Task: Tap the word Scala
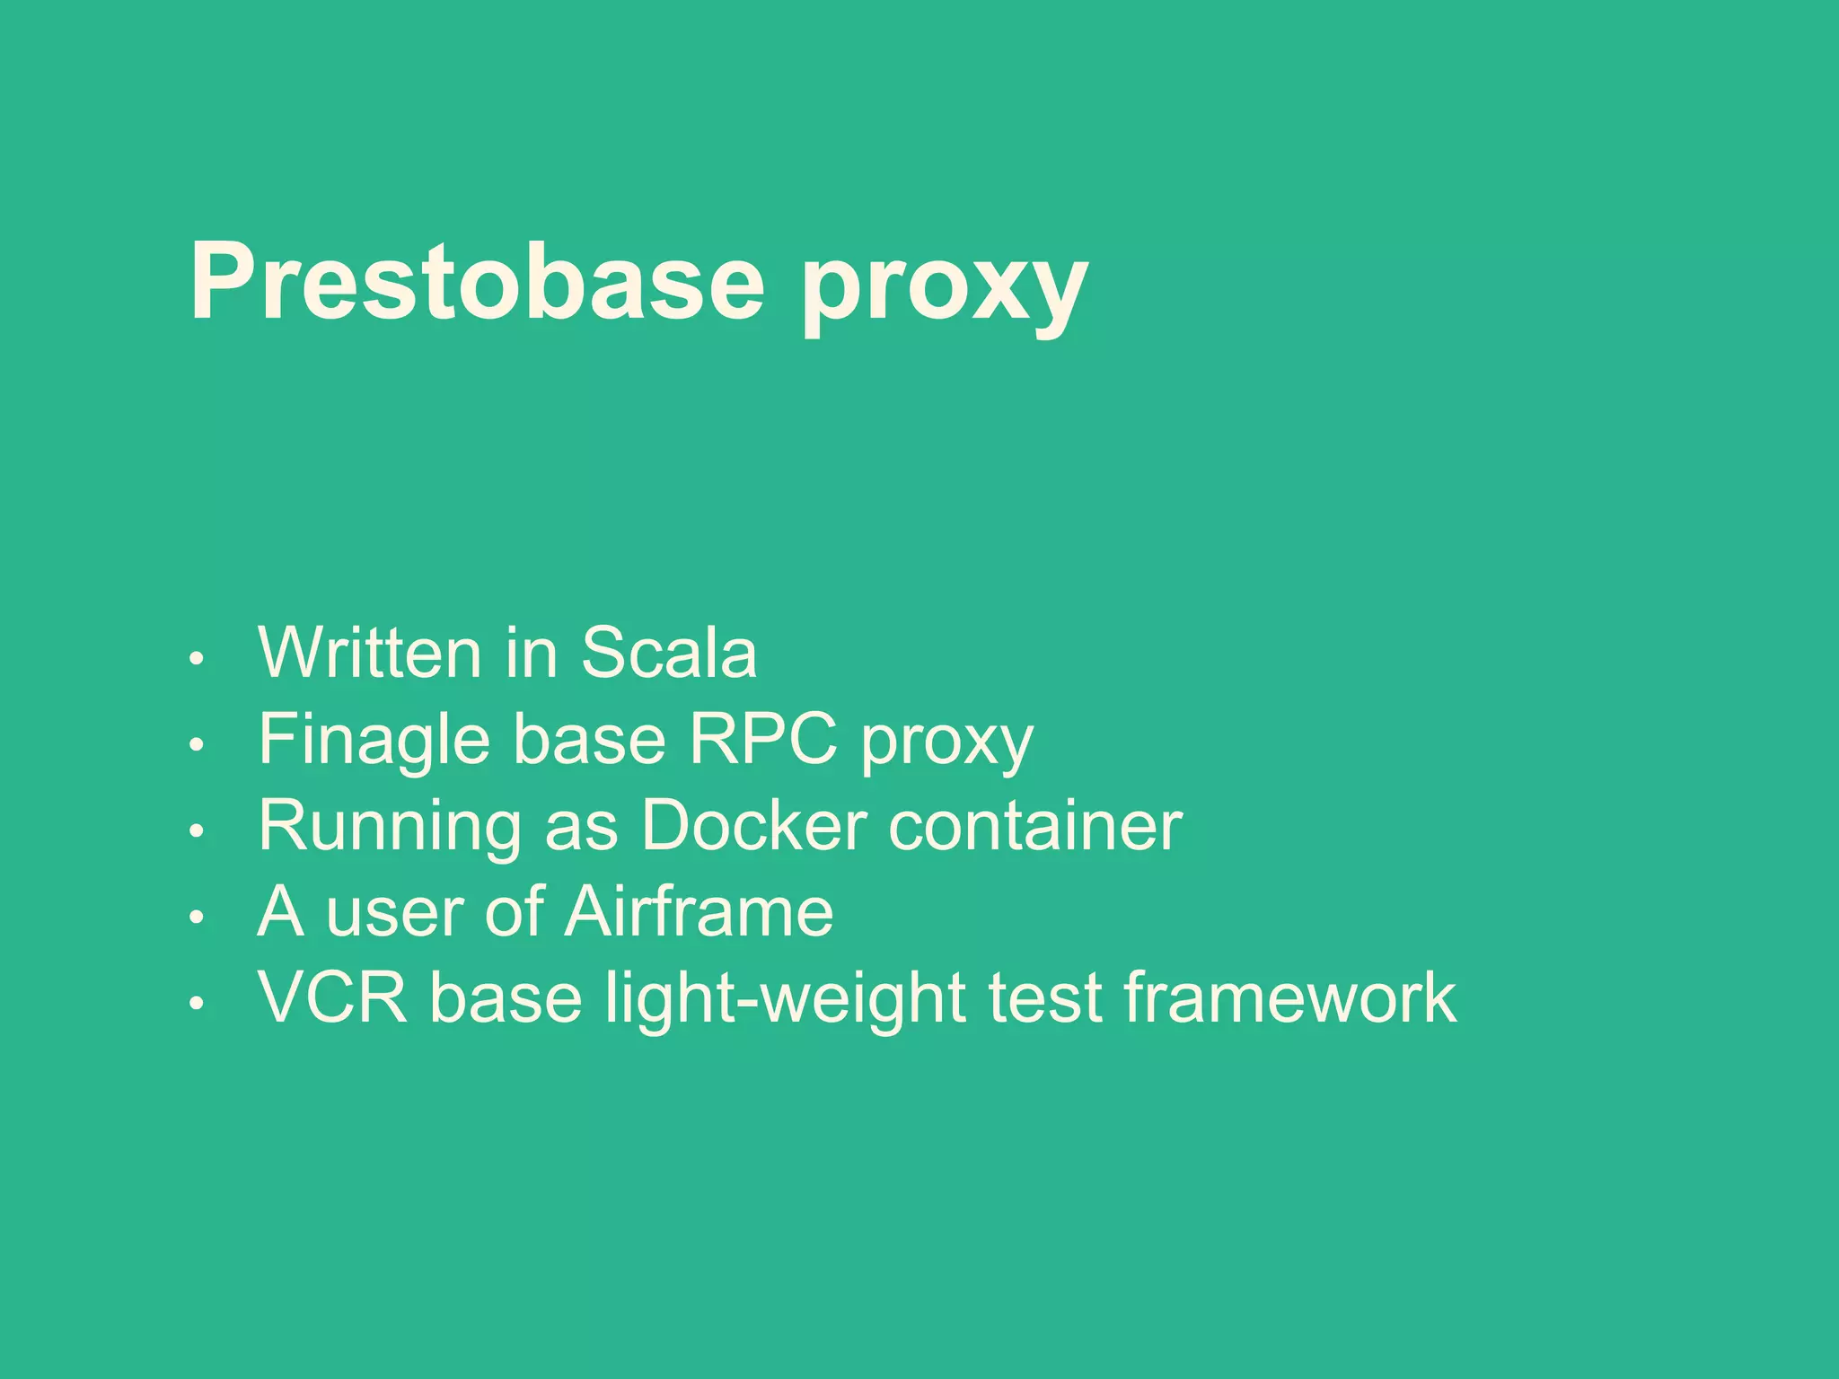pyautogui.click(x=669, y=653)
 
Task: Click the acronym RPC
pyautogui.click(x=763, y=739)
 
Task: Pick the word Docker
pyautogui.click(x=753, y=825)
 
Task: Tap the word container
pyautogui.click(x=1034, y=826)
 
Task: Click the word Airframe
pyautogui.click(x=700, y=912)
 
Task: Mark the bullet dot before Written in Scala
pyautogui.click(x=198, y=659)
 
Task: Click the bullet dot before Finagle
pyautogui.click(x=198, y=745)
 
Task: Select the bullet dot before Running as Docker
pyautogui.click(x=198, y=831)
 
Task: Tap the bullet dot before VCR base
pyautogui.click(x=198, y=1004)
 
